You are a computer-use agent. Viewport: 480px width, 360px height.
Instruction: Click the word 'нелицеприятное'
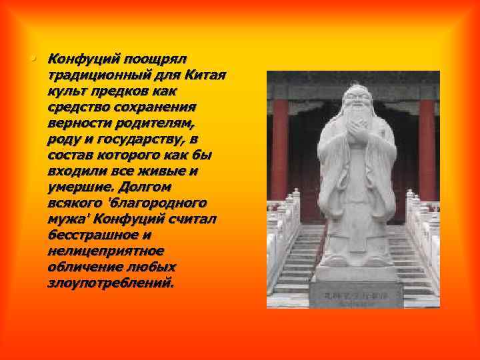pyautogui.click(x=105, y=251)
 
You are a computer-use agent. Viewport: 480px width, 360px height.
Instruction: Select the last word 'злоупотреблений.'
pyautogui.click(x=110, y=283)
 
